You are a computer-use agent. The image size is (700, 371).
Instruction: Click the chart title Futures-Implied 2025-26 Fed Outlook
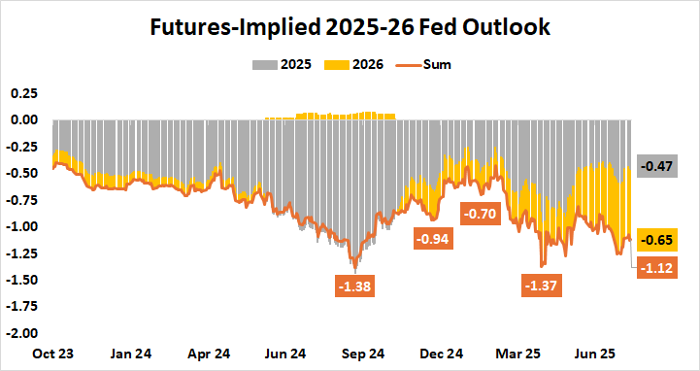click(x=350, y=27)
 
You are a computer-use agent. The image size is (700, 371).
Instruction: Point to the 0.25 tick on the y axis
click(x=23, y=93)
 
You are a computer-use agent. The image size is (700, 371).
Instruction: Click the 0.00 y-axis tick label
click(x=23, y=120)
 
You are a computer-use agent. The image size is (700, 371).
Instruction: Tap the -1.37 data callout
click(x=541, y=287)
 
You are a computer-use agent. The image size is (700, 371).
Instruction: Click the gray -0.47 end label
click(x=659, y=167)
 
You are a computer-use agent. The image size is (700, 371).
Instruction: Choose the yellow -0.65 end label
click(x=659, y=240)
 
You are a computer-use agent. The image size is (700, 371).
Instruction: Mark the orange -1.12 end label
click(x=659, y=269)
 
